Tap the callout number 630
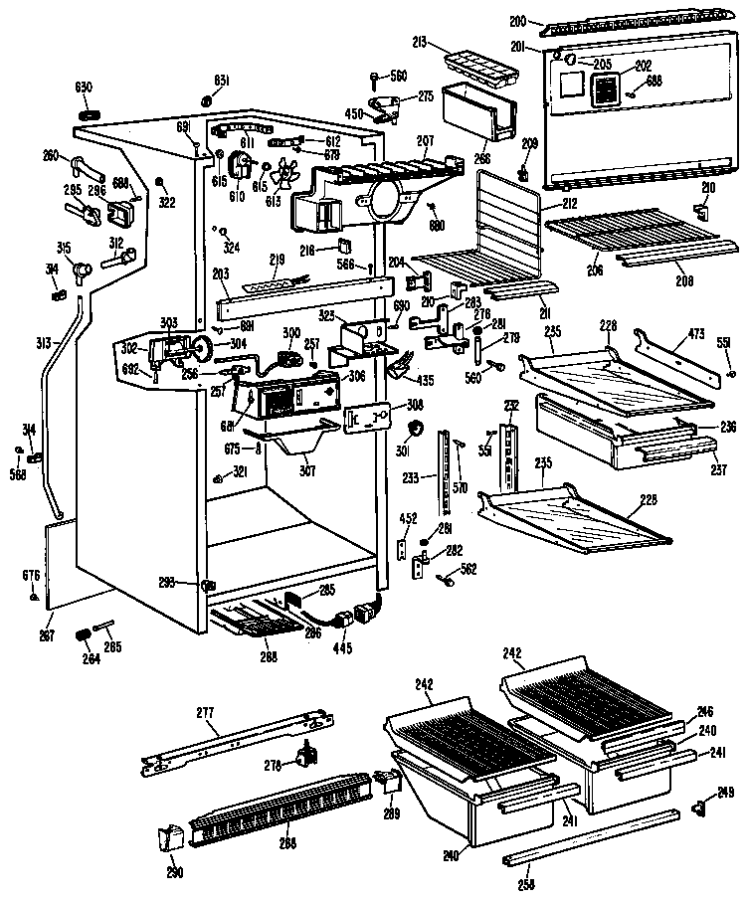[83, 88]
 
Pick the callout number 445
[343, 648]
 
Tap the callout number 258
[526, 883]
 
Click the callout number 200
[517, 20]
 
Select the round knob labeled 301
[415, 429]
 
